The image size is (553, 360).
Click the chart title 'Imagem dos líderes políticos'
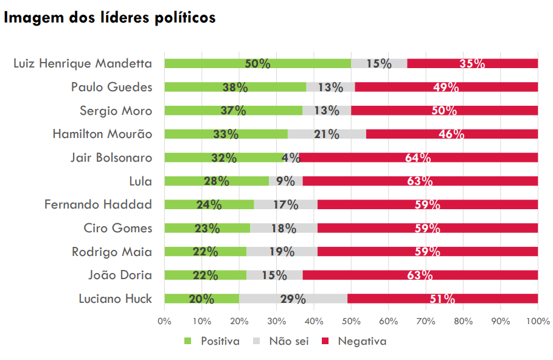[110, 18]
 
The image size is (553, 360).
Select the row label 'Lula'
[140, 181]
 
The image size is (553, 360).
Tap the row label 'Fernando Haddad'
[98, 204]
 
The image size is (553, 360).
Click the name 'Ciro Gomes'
[117, 228]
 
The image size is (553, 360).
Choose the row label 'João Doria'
[120, 275]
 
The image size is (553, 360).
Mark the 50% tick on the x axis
[351, 320]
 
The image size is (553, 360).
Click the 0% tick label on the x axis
[164, 320]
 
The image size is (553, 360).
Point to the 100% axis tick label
[538, 320]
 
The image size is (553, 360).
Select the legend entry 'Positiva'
[220, 341]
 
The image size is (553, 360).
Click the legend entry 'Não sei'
[288, 341]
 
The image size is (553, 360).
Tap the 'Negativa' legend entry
[361, 341]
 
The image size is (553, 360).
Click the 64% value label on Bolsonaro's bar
[419, 158]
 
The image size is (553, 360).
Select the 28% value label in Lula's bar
[216, 181]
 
